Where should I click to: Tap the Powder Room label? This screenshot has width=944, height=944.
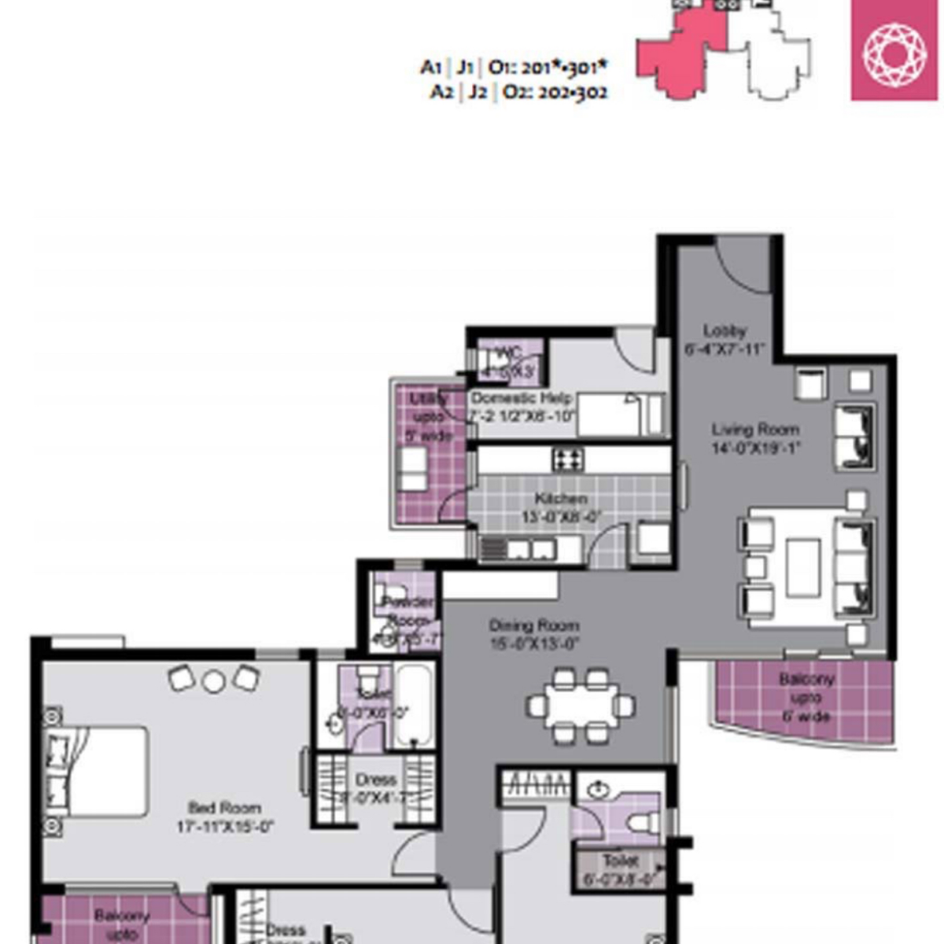click(x=407, y=610)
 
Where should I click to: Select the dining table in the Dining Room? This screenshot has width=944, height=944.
click(x=581, y=706)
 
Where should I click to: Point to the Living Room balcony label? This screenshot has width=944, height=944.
click(x=806, y=697)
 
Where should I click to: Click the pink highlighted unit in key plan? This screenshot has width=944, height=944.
click(x=680, y=55)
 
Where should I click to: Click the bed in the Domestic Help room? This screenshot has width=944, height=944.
click(x=621, y=415)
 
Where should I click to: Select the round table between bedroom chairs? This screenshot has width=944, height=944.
click(x=213, y=681)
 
